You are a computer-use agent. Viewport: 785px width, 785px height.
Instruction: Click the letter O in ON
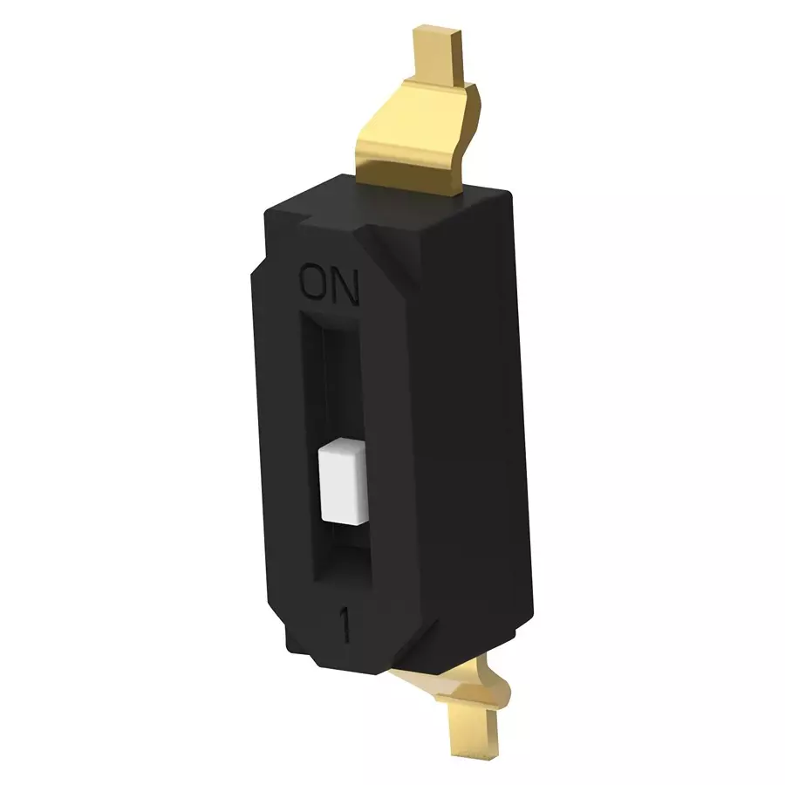(x=313, y=284)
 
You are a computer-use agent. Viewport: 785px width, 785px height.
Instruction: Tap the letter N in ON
(x=345, y=286)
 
